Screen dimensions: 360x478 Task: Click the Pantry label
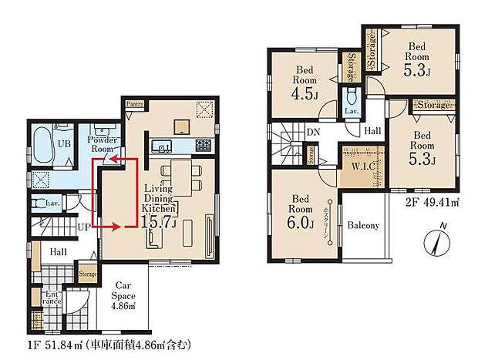point(134,103)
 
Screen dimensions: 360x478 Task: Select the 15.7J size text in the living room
point(161,224)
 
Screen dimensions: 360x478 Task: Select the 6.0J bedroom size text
point(301,224)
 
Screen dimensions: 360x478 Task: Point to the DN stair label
point(312,133)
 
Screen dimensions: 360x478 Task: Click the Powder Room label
point(102,144)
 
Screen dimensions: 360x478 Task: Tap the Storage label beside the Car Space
point(88,274)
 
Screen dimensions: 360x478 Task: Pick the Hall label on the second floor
point(372,132)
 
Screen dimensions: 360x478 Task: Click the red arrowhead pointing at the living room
point(119,227)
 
